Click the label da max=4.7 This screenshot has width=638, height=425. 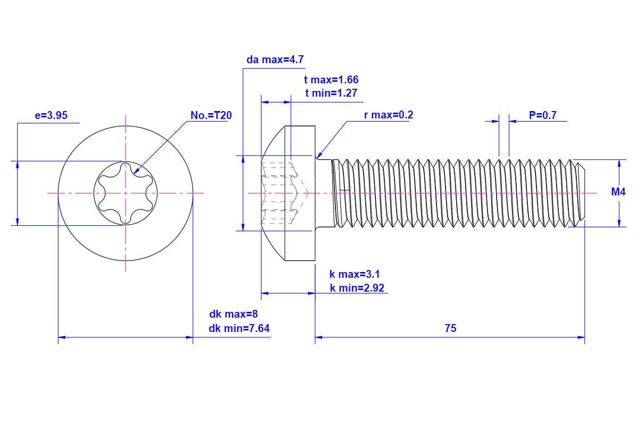(x=275, y=59)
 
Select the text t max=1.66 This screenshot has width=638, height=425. (x=331, y=80)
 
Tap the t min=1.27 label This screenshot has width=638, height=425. (x=331, y=93)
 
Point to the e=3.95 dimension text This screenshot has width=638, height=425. (x=51, y=115)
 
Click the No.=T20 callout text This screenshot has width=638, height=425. (x=211, y=115)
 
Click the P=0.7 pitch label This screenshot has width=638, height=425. (x=543, y=115)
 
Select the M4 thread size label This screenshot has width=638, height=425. (x=618, y=192)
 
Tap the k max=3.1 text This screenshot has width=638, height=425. (x=355, y=275)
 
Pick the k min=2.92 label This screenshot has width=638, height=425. (x=357, y=288)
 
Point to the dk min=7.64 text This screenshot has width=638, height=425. (x=239, y=328)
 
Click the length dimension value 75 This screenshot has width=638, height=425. (x=450, y=328)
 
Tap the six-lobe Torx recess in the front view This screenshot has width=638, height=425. (x=126, y=193)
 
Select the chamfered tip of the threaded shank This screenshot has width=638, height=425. (x=580, y=193)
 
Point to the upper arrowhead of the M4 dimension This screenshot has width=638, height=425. (x=619, y=163)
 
